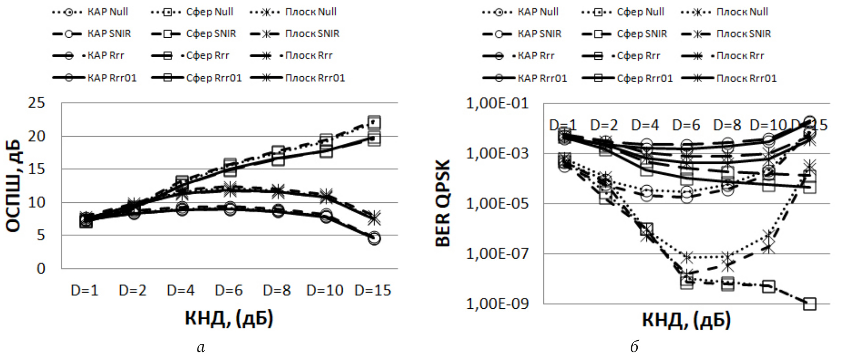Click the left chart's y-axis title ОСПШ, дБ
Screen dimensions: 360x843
(14, 186)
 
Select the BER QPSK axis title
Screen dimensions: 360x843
(443, 203)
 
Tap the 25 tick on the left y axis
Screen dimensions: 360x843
(36, 103)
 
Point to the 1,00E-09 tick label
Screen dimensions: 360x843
(498, 304)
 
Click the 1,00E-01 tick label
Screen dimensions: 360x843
(498, 103)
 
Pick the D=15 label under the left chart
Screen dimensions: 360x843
(373, 290)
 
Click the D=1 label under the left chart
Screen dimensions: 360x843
(84, 290)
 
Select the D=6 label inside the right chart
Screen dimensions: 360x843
(686, 125)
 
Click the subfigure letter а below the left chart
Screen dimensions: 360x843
(201, 347)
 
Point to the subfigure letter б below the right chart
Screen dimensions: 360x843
(634, 346)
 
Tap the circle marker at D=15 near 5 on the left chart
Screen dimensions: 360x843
(374, 238)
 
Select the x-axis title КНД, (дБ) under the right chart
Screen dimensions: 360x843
(686, 320)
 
